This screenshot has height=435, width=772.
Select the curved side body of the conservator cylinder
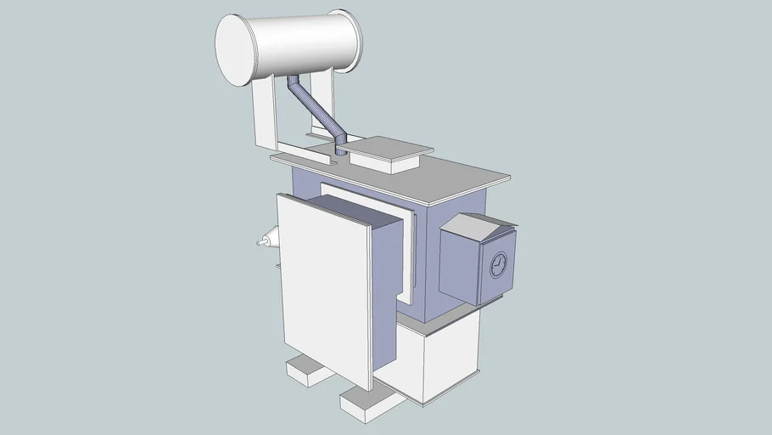305,42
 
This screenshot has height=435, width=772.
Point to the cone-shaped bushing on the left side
269,241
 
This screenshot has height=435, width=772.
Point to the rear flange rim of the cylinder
350,40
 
